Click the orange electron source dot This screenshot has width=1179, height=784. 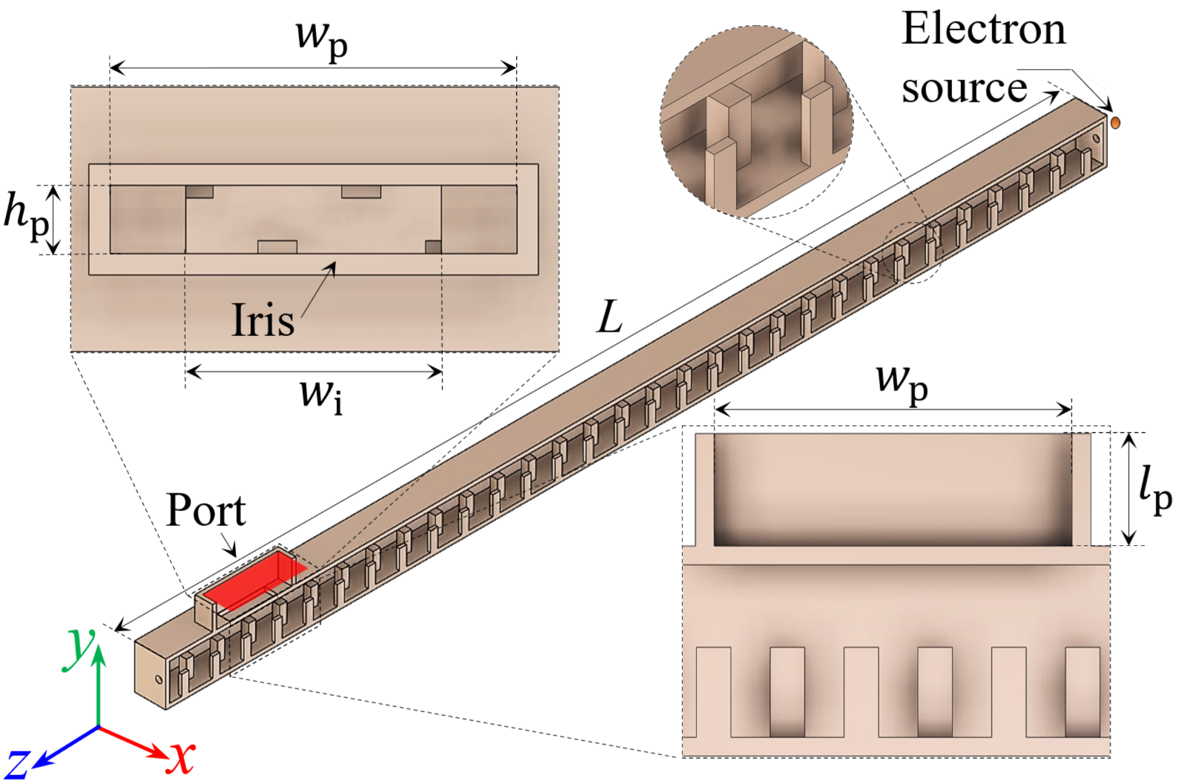pos(1114,122)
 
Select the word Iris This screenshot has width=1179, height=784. pos(263,320)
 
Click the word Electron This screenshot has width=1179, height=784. pos(983,30)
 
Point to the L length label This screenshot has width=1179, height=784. pos(610,317)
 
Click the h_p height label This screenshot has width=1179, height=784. pos(25,217)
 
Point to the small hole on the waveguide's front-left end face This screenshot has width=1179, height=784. pos(158,679)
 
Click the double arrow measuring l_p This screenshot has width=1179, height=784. pos(1129,489)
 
